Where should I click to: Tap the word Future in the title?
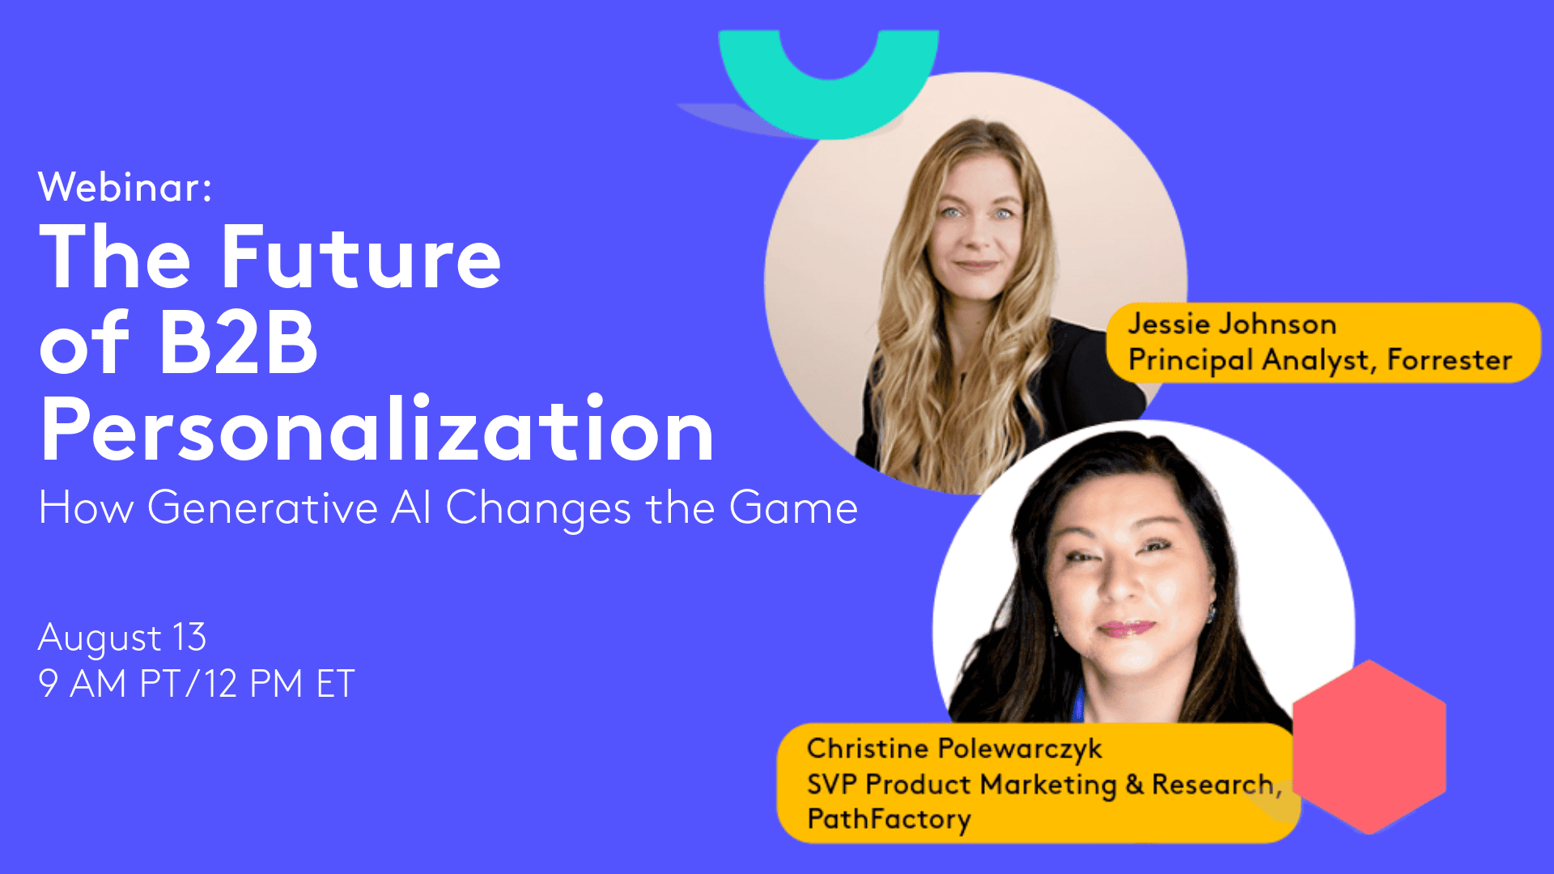pyautogui.click(x=360, y=257)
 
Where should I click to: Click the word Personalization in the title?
pyautogui.click(x=376, y=429)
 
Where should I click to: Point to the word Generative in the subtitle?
pyautogui.click(x=262, y=508)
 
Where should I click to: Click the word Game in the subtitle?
pyautogui.click(x=792, y=507)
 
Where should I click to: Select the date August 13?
pyautogui.click(x=122, y=638)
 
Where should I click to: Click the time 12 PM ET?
pyautogui.click(x=278, y=684)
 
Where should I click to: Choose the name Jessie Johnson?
pyautogui.click(x=1231, y=324)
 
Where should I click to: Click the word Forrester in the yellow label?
pyautogui.click(x=1449, y=359)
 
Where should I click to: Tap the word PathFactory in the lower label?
pyautogui.click(x=889, y=819)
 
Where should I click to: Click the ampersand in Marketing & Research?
pyautogui.click(x=1134, y=784)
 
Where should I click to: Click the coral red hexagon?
pyautogui.click(x=1369, y=747)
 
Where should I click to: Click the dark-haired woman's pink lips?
pyautogui.click(x=1127, y=627)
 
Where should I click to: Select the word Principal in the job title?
pyautogui.click(x=1191, y=360)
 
